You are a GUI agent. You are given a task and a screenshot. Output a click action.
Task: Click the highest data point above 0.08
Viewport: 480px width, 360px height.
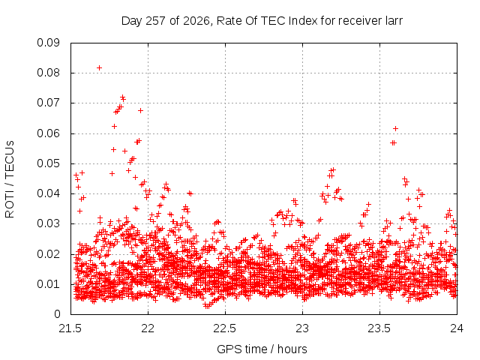pyautogui.click(x=99, y=67)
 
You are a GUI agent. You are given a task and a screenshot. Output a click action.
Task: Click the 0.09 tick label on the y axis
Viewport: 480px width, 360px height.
pyautogui.click(x=48, y=43)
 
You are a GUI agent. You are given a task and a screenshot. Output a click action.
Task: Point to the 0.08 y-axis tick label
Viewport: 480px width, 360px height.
pyautogui.click(x=48, y=73)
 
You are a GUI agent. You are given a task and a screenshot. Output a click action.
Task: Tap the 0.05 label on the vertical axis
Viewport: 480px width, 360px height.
pyautogui.click(x=48, y=163)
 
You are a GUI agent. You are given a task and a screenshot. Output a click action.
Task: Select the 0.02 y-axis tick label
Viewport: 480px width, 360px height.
pyautogui.click(x=48, y=254)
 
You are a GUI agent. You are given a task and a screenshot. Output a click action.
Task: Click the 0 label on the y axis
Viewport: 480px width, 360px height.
pyautogui.click(x=57, y=314)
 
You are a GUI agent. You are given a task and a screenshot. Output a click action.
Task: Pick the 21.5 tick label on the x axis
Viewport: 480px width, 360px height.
pyautogui.click(x=70, y=328)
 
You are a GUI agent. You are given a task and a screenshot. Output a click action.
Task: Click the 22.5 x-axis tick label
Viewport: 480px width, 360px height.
pyautogui.click(x=225, y=328)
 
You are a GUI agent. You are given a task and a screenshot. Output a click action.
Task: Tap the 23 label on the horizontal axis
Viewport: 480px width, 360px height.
pyautogui.click(x=302, y=328)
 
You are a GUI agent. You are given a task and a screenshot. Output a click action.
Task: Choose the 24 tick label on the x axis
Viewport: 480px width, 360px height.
pyautogui.click(x=457, y=328)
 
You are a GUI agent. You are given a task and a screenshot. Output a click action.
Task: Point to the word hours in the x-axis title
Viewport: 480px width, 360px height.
pyautogui.click(x=292, y=349)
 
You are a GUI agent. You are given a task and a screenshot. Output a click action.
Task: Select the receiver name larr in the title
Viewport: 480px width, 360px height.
pyautogui.click(x=393, y=21)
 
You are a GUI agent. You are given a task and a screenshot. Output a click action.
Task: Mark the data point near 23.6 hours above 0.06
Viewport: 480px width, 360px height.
pyautogui.click(x=395, y=128)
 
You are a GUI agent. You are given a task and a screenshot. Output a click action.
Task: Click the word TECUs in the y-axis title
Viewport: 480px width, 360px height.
pyautogui.click(x=10, y=159)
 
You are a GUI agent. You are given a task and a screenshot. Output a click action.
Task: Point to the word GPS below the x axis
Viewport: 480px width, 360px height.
pyautogui.click(x=227, y=349)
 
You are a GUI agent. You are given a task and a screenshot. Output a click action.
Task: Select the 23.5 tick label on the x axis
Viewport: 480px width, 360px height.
pyautogui.click(x=379, y=328)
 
